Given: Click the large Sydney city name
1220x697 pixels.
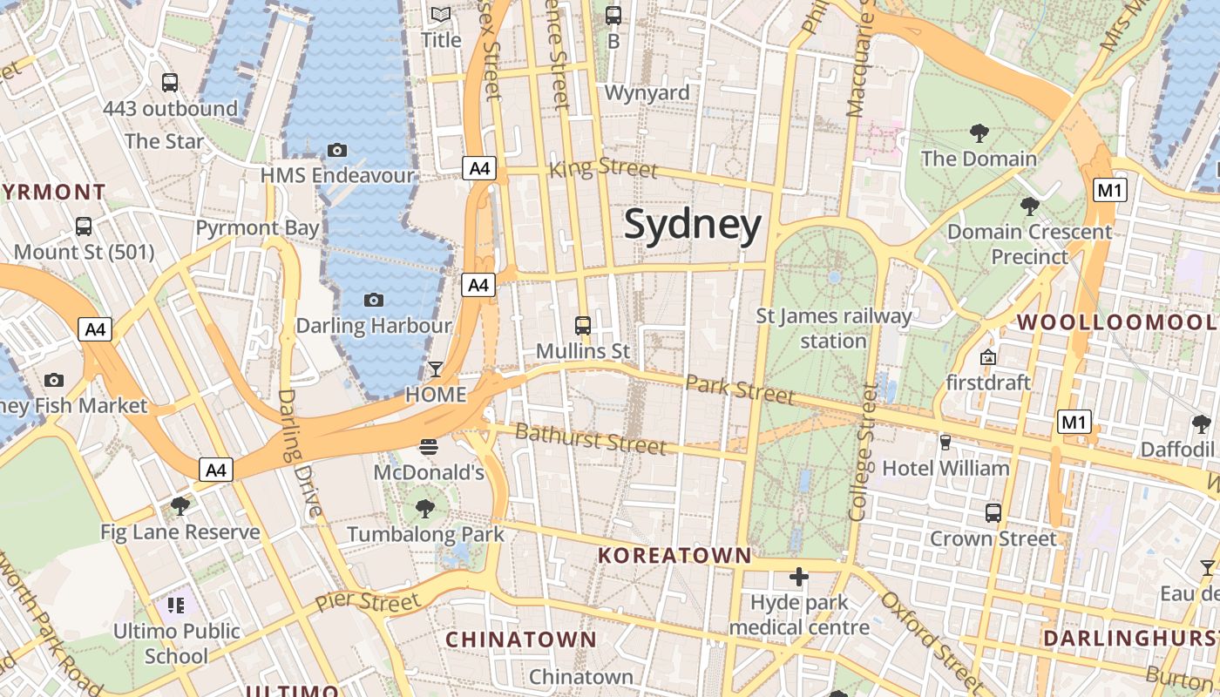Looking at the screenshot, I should tap(693, 225).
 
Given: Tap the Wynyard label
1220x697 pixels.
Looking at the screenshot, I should tap(647, 92).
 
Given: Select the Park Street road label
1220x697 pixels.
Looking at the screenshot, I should tap(740, 389).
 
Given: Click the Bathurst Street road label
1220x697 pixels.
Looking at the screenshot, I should tap(590, 438).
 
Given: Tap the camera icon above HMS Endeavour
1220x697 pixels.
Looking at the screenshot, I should tap(337, 150).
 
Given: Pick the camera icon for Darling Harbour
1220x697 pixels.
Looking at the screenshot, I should tap(374, 301).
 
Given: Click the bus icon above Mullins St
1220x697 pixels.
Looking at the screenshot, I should tap(583, 326).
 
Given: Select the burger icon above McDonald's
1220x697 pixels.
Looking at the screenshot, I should tap(428, 447).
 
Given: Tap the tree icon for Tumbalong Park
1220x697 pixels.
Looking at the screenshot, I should tap(425, 508).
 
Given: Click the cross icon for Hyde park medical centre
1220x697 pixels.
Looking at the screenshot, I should tap(799, 577).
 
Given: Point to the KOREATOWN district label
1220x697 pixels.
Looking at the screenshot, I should tap(674, 555).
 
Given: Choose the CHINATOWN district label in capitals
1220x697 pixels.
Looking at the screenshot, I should tap(521, 639).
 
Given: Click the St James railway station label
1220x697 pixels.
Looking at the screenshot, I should tap(833, 328).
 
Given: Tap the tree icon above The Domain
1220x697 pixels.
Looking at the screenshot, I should tap(979, 133).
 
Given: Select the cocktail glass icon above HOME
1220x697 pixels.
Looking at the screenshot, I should tap(436, 369).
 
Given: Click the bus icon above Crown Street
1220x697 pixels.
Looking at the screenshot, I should tap(993, 512).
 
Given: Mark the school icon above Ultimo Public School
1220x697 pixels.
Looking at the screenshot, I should tap(177, 605).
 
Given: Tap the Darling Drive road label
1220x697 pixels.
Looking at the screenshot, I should tap(294, 453).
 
